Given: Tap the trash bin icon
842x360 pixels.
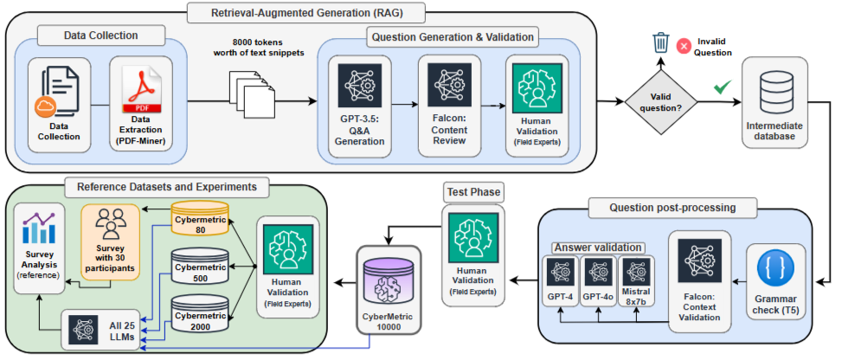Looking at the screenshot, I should [660, 42].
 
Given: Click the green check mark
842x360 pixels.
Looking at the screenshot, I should [721, 87].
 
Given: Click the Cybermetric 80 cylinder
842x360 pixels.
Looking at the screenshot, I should [200, 217].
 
